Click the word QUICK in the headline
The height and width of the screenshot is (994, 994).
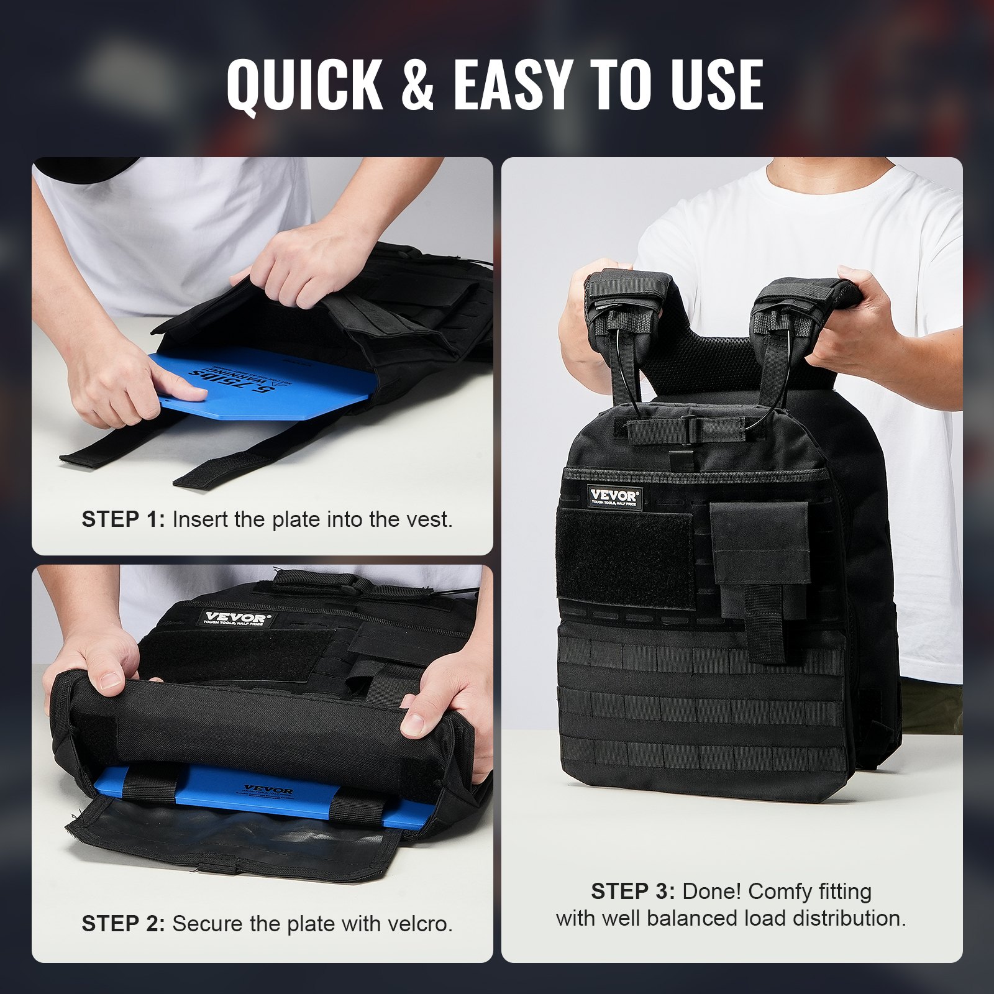point(304,85)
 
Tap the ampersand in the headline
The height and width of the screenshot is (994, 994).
point(417,85)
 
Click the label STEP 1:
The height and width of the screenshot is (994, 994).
point(123,519)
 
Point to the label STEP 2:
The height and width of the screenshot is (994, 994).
point(123,924)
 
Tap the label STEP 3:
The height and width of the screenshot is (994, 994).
point(632,891)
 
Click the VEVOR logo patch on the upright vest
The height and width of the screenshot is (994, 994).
point(614,496)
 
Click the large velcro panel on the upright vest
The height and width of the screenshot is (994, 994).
point(625,559)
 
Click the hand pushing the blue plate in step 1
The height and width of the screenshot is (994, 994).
point(130,379)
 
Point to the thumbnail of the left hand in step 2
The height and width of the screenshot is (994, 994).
point(111,680)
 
